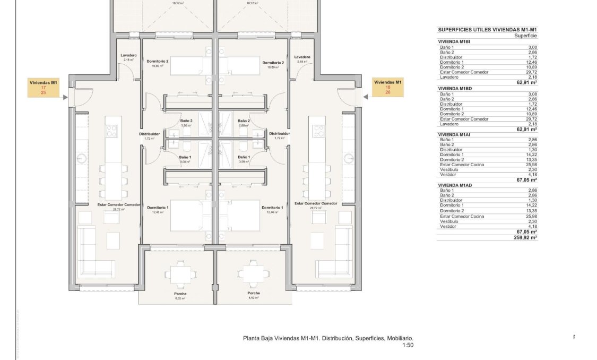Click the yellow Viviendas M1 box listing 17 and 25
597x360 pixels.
pyautogui.click(x=44, y=88)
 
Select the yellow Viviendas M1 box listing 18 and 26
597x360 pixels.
pyautogui.click(x=388, y=88)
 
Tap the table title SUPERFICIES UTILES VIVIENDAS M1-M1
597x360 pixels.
pyautogui.click(x=488, y=30)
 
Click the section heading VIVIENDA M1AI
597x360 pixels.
pyautogui.click(x=454, y=134)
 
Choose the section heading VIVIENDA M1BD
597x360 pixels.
pyautogui.click(x=455, y=88)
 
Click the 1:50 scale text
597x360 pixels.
pyautogui.click(x=408, y=345)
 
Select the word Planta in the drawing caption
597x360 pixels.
pyautogui.click(x=252, y=338)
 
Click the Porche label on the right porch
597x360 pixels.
pyautogui.click(x=253, y=293)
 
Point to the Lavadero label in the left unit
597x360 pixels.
pyautogui.click(x=128, y=55)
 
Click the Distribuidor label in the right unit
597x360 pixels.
pyautogui.click(x=279, y=133)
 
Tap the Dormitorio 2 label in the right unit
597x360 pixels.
pyautogui.click(x=273, y=63)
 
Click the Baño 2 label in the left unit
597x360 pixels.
pyautogui.click(x=186, y=121)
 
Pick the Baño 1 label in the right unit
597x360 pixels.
pyautogui.click(x=244, y=157)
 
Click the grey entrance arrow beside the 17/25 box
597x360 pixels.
pyautogui.click(x=65, y=97)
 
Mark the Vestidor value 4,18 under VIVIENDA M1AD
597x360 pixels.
pyautogui.click(x=531, y=227)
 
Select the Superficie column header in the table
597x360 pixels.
pyautogui.click(x=525, y=36)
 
